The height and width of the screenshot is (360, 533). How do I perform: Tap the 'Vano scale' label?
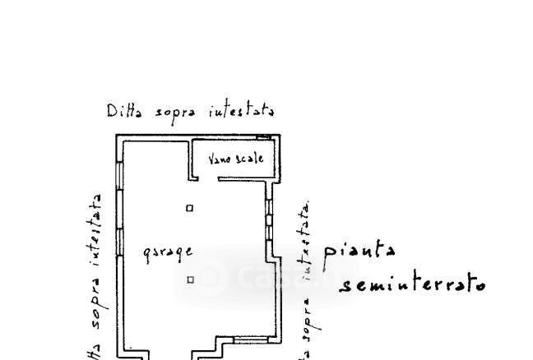[235, 158]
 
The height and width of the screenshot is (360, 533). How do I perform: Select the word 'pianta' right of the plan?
[359, 250]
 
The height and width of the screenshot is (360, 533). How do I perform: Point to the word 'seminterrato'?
[412, 284]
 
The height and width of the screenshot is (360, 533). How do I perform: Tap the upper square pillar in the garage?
[189, 208]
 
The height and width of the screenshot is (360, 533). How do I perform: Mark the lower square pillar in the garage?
[190, 279]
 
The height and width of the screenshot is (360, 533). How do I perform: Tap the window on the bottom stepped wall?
[250, 339]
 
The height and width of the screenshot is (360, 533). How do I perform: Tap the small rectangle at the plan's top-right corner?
[263, 137]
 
